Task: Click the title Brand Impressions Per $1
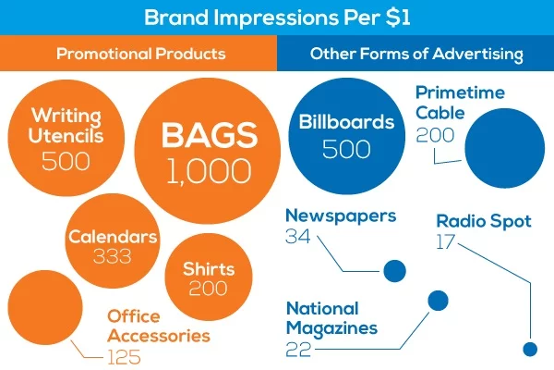(x=276, y=18)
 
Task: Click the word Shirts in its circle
(x=208, y=269)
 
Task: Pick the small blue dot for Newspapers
(x=394, y=271)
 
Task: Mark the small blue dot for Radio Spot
(x=529, y=349)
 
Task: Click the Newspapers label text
(x=341, y=216)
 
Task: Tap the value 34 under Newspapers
(x=297, y=239)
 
